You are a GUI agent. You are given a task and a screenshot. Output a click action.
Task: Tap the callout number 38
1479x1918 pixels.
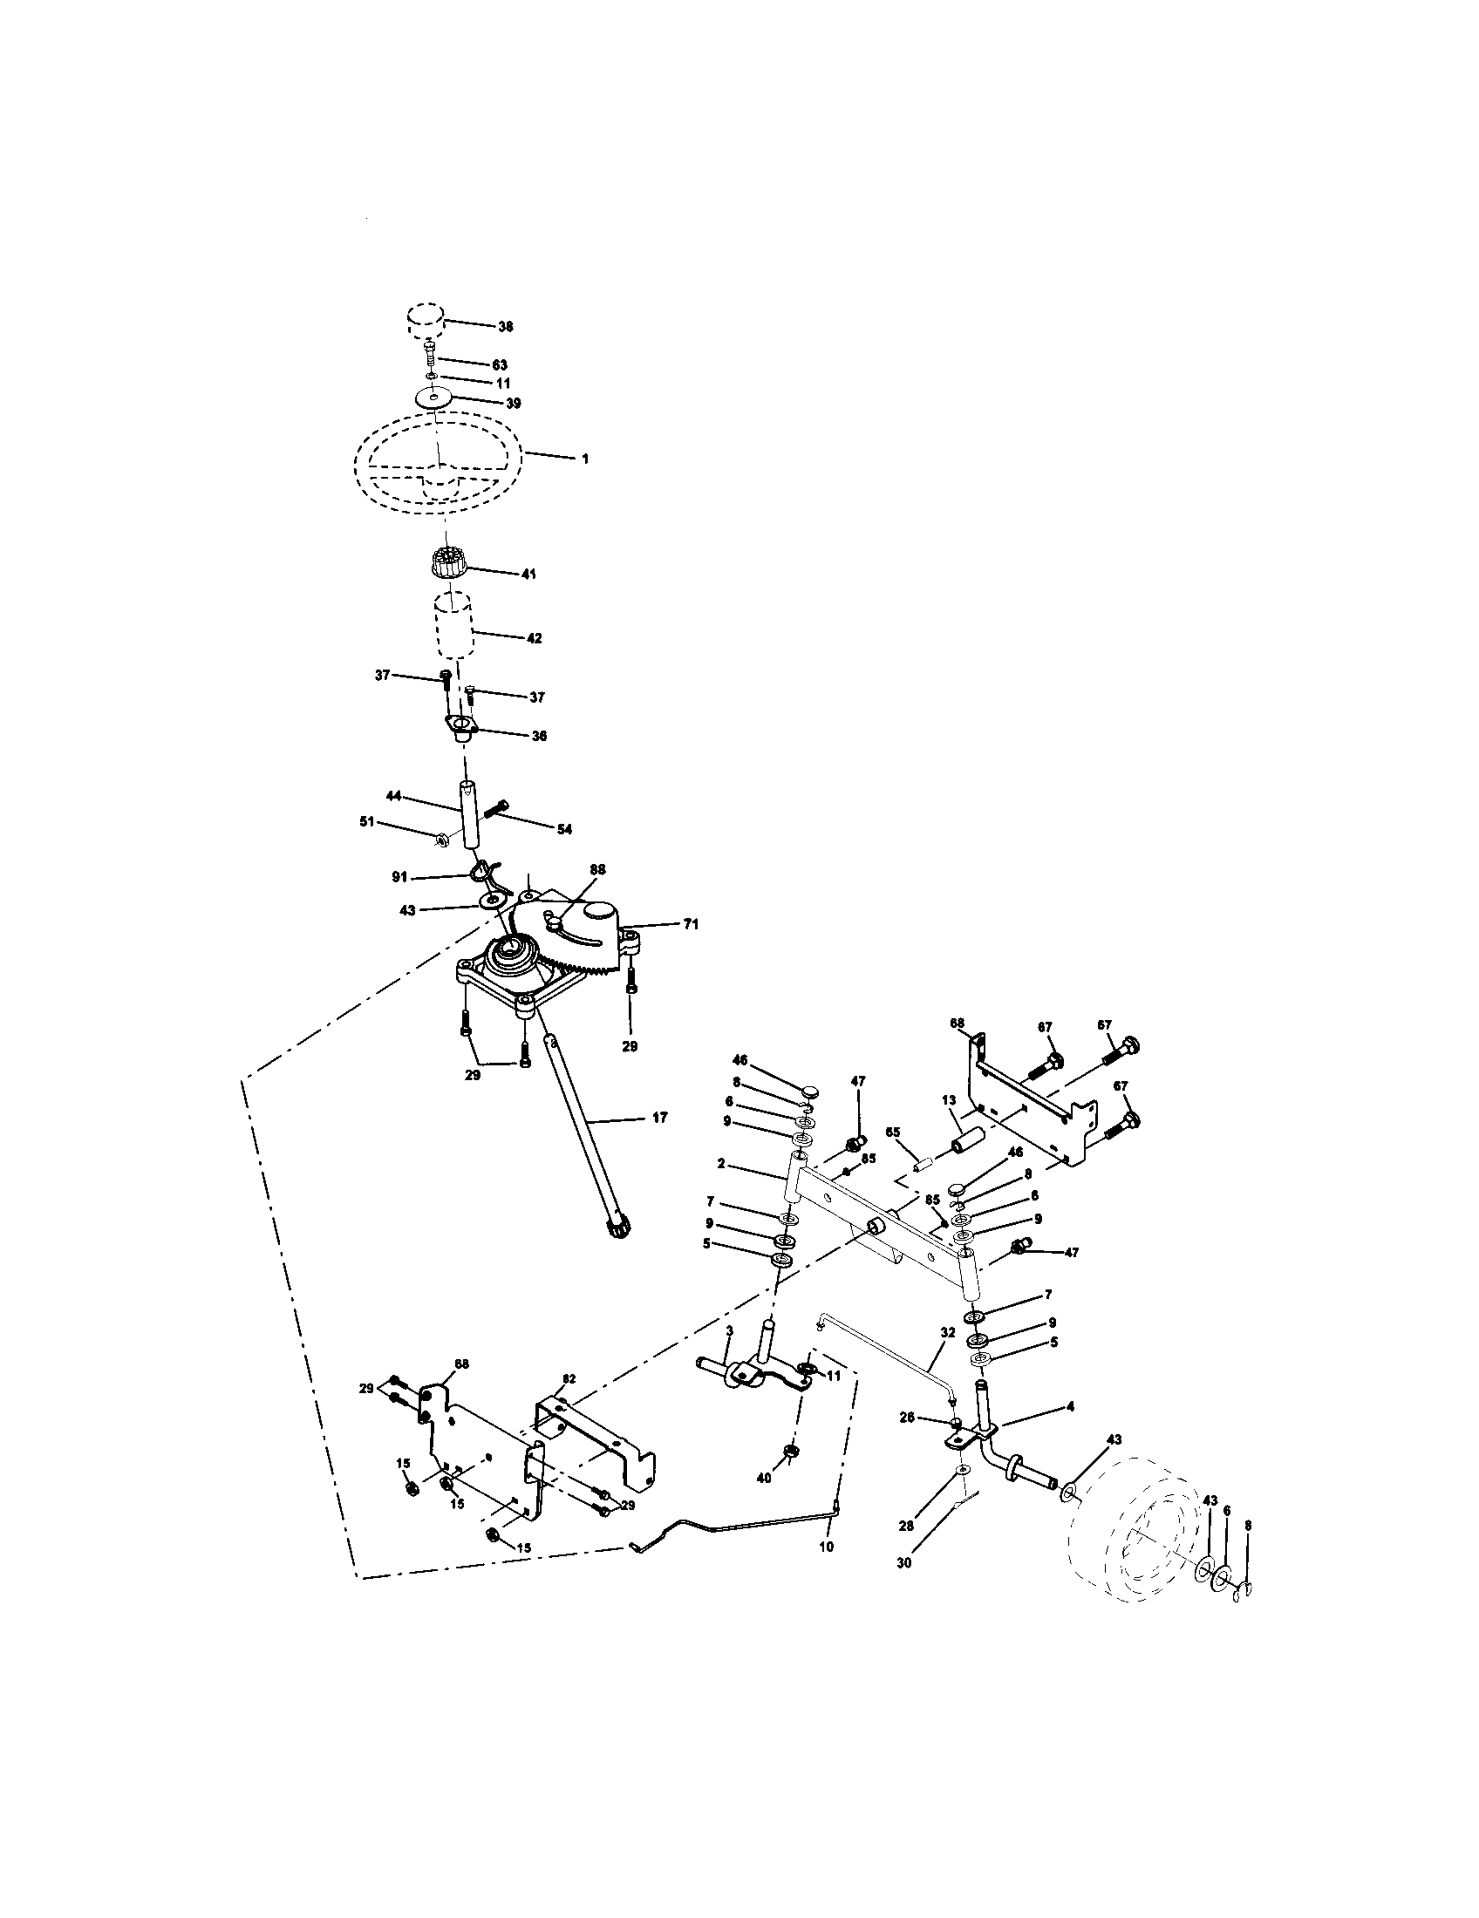click(x=505, y=326)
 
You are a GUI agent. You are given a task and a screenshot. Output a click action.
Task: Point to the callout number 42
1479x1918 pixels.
click(x=533, y=638)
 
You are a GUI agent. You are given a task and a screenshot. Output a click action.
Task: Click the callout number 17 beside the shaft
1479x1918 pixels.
click(x=659, y=1117)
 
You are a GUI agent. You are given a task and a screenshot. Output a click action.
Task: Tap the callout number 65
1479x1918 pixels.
click(x=893, y=1132)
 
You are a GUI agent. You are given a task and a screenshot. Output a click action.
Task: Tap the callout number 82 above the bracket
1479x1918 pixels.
click(x=569, y=1377)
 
